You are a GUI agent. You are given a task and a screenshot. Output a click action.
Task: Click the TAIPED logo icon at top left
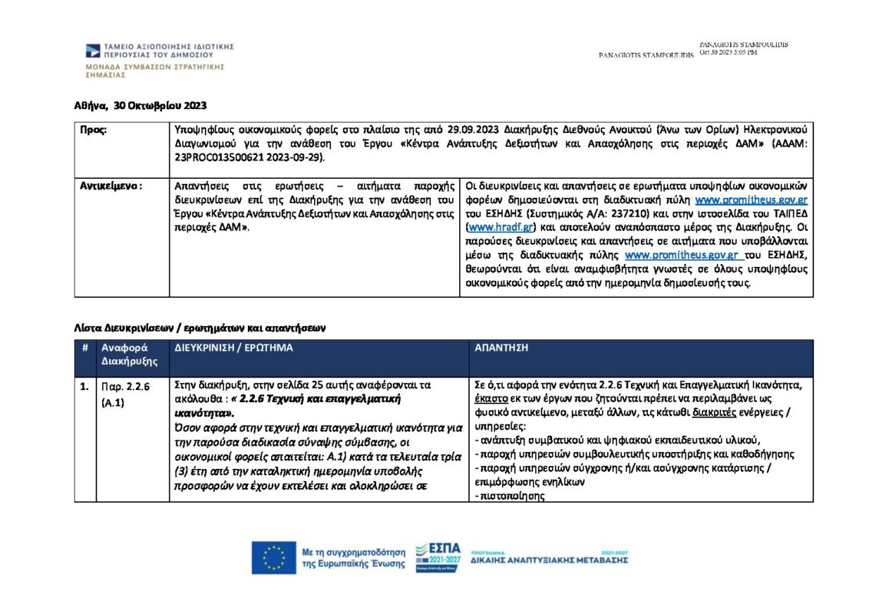coord(92,51)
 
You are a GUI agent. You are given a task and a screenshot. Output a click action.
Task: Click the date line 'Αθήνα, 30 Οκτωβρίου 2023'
coord(140,105)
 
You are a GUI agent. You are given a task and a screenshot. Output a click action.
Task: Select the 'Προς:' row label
coord(94,130)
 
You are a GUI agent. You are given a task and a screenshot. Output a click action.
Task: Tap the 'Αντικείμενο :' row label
coord(111,185)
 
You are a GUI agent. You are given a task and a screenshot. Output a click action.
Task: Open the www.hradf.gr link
coord(491,228)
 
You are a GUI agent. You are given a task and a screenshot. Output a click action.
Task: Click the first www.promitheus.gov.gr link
coord(751,200)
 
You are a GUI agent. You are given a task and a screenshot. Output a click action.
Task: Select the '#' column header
coord(84,348)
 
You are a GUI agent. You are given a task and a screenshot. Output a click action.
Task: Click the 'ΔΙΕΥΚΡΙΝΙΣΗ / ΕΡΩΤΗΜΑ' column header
coord(233,348)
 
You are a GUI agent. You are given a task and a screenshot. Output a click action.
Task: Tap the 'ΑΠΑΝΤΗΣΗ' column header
coord(501,348)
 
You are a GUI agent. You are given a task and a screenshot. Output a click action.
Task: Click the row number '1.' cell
coord(84,386)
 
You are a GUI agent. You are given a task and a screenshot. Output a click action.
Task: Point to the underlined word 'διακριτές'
coord(713,411)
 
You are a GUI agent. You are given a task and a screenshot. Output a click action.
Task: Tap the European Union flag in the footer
coord(273,557)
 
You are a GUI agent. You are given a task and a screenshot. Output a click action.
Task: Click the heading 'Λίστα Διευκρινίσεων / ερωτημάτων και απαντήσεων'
coord(200,328)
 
